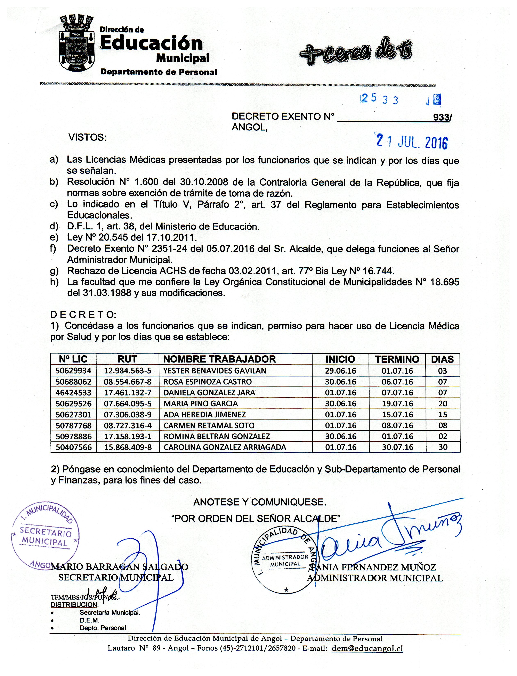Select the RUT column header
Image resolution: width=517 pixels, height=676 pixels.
[x=127, y=359]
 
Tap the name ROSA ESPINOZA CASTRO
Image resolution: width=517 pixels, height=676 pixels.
[x=207, y=382]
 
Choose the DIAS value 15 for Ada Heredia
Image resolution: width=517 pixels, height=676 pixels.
[x=443, y=414]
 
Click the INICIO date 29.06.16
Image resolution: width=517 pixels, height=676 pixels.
[x=340, y=371]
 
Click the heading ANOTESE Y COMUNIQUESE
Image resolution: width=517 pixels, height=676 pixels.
[x=259, y=503]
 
